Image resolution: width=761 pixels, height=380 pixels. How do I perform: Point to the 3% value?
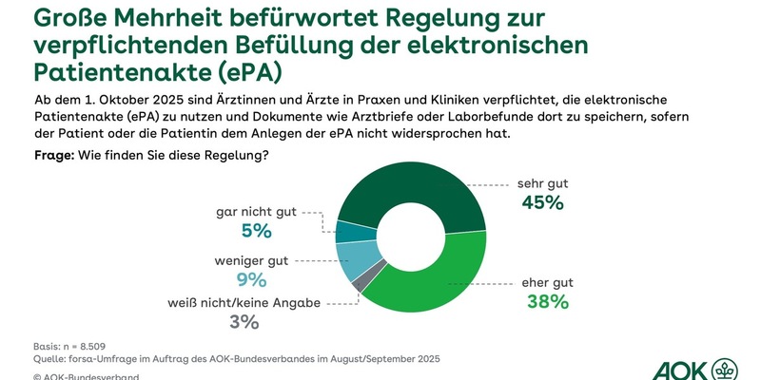point(244,321)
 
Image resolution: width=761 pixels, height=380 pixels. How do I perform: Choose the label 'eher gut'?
point(546,282)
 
